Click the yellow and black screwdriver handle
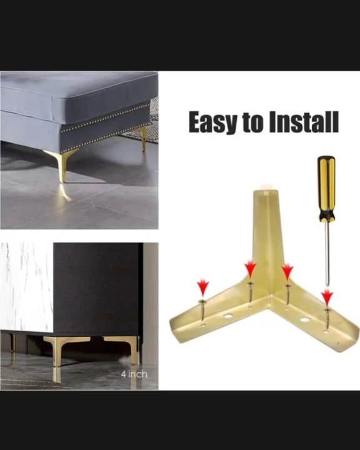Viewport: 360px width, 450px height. pos(326,187)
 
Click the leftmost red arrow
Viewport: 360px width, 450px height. pos(202,288)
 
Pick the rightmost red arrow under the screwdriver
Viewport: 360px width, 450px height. pos(327,297)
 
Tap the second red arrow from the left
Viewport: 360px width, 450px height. pos(250,269)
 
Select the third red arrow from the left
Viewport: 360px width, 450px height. pos(287,272)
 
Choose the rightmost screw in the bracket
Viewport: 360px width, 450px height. pos(327,318)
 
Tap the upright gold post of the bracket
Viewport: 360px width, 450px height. pos(267,231)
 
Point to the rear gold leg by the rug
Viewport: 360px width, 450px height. pos(143,137)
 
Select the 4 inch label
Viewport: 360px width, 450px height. pos(134,374)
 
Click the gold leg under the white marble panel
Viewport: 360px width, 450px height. pos(13,342)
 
